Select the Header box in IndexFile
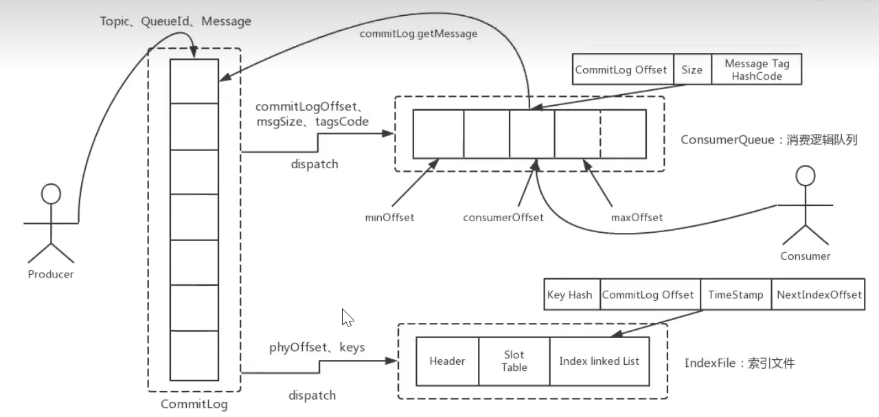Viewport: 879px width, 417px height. pyautogui.click(x=447, y=361)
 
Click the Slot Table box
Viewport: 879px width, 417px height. pyautogui.click(x=514, y=361)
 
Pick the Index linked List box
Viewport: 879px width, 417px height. pyautogui.click(x=599, y=361)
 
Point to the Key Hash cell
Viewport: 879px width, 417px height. pyautogui.click(x=569, y=295)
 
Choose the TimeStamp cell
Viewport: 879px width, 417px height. pyautogui.click(x=735, y=295)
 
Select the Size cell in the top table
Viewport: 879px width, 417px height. pyautogui.click(x=692, y=69)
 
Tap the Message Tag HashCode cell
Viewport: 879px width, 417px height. pyautogui.click(x=757, y=69)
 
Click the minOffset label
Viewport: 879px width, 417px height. pyautogui.click(x=389, y=217)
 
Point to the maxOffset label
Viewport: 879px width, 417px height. pyautogui.click(x=637, y=217)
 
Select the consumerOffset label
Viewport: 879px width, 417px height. pyautogui.click(x=503, y=217)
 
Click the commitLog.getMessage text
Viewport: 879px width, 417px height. pyautogui.click(x=418, y=33)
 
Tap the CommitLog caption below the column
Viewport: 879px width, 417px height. pyautogui.click(x=194, y=404)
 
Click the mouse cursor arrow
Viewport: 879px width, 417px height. pyautogui.click(x=347, y=317)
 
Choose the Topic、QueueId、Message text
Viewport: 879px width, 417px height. pyautogui.click(x=175, y=21)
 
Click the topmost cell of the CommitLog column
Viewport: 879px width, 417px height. pyautogui.click(x=194, y=80)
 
